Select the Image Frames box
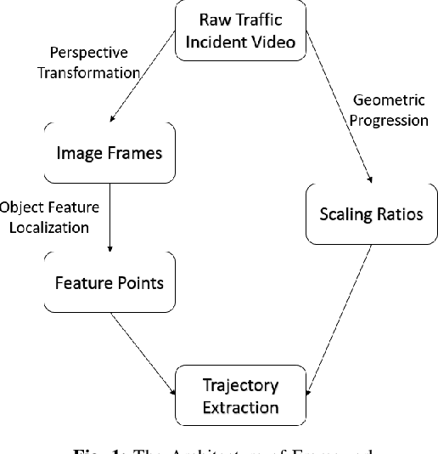[109, 154]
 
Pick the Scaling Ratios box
[370, 213]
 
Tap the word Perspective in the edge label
[87, 53]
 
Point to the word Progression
[389, 120]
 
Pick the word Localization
[50, 227]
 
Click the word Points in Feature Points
[140, 281]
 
